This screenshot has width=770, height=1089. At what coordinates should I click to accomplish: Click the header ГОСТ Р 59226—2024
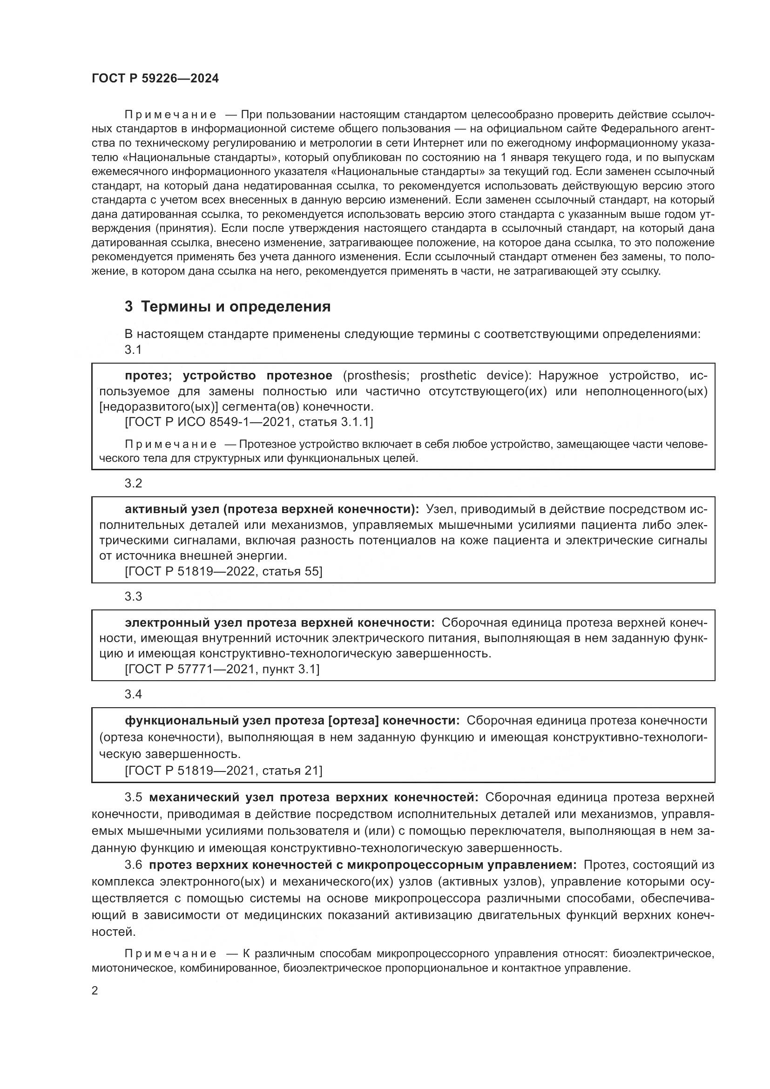click(155, 79)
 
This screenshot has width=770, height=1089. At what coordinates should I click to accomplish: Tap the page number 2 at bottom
click(95, 990)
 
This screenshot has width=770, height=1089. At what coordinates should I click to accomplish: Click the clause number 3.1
click(133, 350)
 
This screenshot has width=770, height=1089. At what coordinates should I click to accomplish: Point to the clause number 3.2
click(133, 483)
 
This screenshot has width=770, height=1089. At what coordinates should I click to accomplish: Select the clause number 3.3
click(133, 596)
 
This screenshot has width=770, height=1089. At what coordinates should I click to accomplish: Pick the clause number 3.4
click(133, 694)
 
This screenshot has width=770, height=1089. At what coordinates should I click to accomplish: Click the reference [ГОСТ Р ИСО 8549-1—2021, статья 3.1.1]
click(249, 422)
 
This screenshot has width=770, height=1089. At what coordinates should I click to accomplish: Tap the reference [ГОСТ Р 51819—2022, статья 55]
click(223, 571)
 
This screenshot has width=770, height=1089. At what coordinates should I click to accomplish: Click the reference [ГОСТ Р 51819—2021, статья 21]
click(223, 770)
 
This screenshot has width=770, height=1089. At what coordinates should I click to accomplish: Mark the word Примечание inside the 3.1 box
click(171, 445)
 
